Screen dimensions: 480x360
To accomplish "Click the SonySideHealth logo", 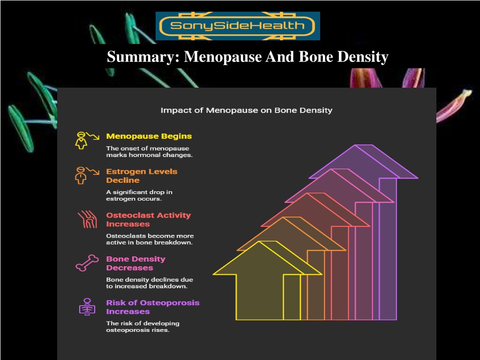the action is point(238,26).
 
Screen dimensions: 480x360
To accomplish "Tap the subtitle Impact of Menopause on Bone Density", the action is point(247,110).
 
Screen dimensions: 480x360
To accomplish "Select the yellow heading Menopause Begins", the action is point(149,136).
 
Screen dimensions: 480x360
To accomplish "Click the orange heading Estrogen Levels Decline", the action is point(142,176).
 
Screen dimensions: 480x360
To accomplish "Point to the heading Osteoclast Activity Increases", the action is point(149,219).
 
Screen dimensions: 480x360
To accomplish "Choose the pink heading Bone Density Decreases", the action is point(135,263).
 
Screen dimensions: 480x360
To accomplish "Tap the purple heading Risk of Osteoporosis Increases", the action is point(153,307).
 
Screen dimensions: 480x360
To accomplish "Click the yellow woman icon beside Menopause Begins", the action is point(87,141).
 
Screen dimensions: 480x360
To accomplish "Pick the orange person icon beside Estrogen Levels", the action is point(87,175).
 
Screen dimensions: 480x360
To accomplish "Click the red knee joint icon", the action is point(88,219).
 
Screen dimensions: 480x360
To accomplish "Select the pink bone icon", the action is point(87,263).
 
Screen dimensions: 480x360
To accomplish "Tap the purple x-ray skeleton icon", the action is point(87,307).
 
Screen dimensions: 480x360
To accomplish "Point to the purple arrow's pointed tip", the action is point(355,145).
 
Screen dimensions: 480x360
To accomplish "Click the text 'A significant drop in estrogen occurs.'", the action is point(139,195).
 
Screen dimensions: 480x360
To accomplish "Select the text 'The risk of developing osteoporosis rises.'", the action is point(142,327).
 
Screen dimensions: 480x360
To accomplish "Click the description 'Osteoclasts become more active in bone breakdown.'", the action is point(150,239).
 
